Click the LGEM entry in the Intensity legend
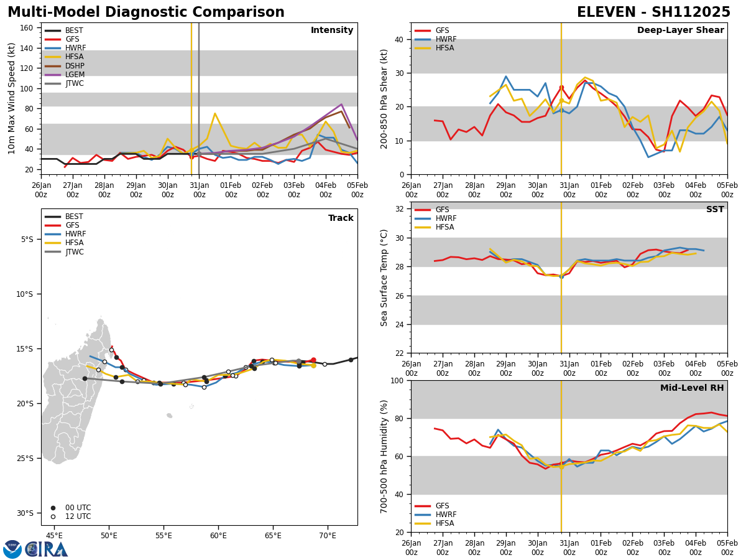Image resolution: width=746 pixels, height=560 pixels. (x=74, y=75)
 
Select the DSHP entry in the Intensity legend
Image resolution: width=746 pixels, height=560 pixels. (x=74, y=66)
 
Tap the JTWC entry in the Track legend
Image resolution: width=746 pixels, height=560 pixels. (x=74, y=252)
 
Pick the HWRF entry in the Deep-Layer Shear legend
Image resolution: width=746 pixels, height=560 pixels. (x=445, y=39)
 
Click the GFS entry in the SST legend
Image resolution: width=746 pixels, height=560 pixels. (x=441, y=210)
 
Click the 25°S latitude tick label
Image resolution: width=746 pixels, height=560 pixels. (x=27, y=459)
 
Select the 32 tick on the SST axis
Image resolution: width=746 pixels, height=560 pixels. (x=400, y=209)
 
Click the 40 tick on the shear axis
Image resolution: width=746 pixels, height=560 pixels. (x=400, y=39)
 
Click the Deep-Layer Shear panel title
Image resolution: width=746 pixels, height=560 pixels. (x=680, y=30)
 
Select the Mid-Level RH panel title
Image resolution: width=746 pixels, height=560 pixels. (x=692, y=388)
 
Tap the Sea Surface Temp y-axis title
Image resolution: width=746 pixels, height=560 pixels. (x=384, y=278)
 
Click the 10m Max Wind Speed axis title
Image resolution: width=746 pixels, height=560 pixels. (x=11, y=98)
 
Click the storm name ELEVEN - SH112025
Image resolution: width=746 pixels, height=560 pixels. (x=653, y=12)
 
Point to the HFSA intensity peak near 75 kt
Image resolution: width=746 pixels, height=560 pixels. (x=214, y=113)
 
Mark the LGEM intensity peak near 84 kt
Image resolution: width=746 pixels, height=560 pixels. (x=341, y=105)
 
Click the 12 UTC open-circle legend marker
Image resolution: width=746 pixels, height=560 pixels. (x=53, y=516)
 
